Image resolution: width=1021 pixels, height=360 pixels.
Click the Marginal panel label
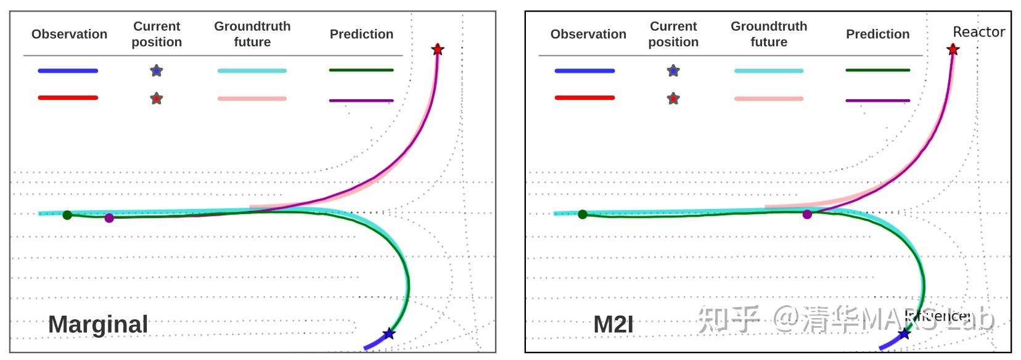(x=98, y=324)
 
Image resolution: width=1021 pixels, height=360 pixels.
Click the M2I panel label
(x=613, y=324)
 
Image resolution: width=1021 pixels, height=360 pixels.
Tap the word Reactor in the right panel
(x=978, y=31)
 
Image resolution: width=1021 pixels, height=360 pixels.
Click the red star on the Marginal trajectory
(x=437, y=49)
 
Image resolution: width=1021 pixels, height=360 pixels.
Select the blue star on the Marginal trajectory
(x=388, y=334)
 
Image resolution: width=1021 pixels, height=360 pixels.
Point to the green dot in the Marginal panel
(x=67, y=215)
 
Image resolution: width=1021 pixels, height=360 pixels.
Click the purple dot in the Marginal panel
(x=109, y=218)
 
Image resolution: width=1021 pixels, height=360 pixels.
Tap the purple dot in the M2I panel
(x=807, y=215)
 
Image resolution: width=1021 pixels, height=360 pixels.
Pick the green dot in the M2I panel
(x=583, y=215)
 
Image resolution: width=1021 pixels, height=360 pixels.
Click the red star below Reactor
(x=953, y=49)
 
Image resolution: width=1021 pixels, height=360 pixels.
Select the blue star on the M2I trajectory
(x=904, y=334)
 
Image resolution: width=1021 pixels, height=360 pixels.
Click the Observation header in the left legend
(x=69, y=34)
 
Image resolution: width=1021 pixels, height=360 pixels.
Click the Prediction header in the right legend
(x=877, y=34)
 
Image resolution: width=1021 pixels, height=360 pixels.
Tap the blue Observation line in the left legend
(x=68, y=71)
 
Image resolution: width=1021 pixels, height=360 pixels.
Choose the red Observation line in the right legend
(x=584, y=97)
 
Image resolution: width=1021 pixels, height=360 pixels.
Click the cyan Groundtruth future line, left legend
(x=252, y=71)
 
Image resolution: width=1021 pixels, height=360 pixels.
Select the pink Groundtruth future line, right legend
(x=768, y=99)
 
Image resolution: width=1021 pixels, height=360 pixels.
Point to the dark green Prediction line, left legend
(x=361, y=70)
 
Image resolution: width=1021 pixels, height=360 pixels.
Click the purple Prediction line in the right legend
(x=877, y=100)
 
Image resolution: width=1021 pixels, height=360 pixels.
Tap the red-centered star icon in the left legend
(x=157, y=99)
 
